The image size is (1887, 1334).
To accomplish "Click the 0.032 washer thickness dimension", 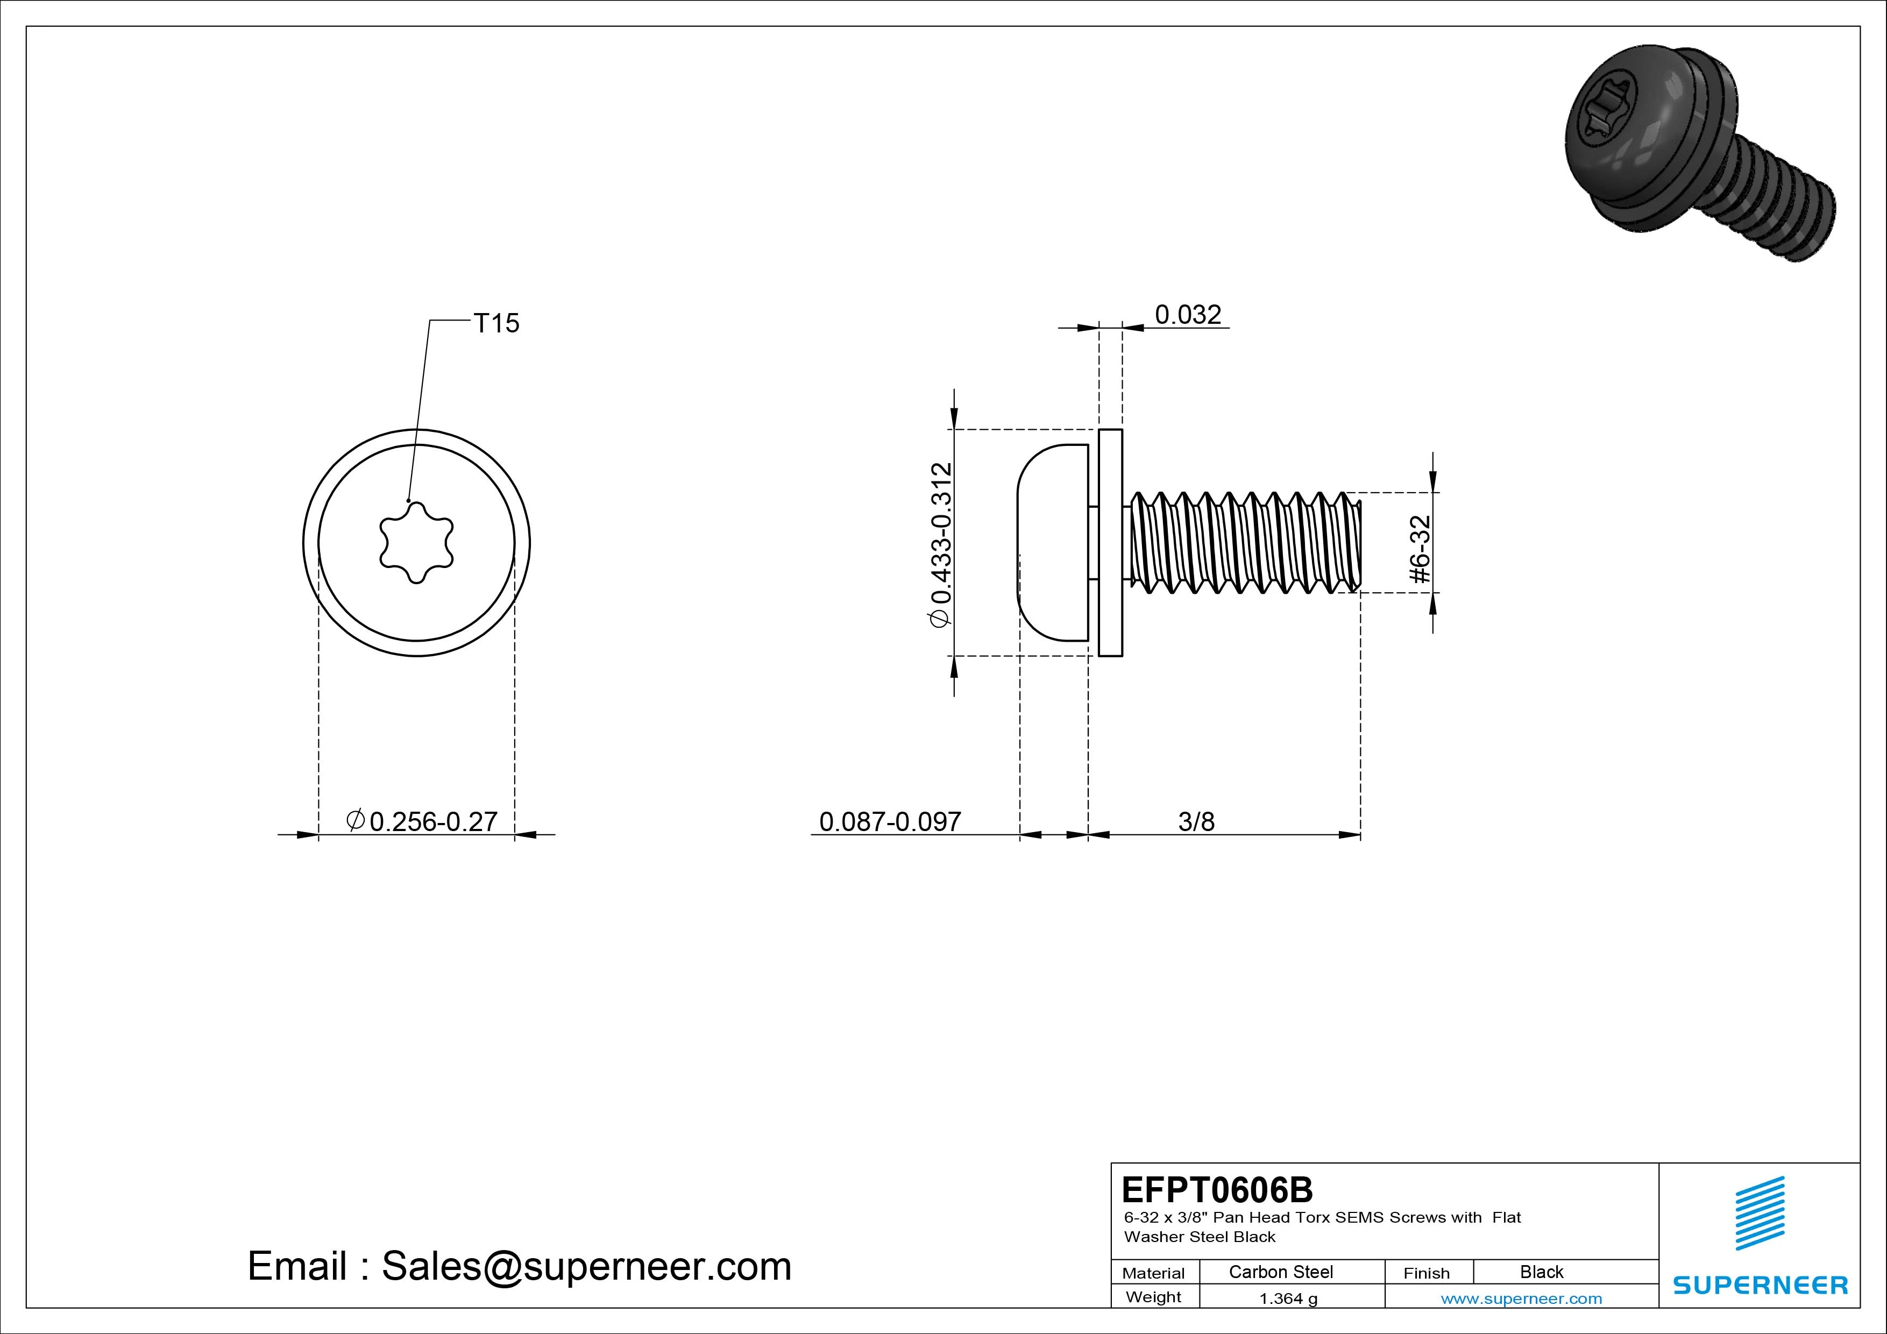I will (x=1188, y=314).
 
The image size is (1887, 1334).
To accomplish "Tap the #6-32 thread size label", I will (x=1420, y=549).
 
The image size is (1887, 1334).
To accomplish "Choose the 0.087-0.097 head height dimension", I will (x=890, y=821).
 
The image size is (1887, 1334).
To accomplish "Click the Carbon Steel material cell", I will (x=1280, y=1272).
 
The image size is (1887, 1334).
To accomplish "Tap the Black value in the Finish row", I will (x=1541, y=1272).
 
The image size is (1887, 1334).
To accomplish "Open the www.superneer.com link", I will (x=1521, y=1298).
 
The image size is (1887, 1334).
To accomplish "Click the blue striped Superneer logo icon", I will (x=1760, y=1213).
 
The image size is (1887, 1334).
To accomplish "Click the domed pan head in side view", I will (x=1053, y=543).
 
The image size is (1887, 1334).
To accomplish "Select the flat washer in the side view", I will (x=1110, y=543).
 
